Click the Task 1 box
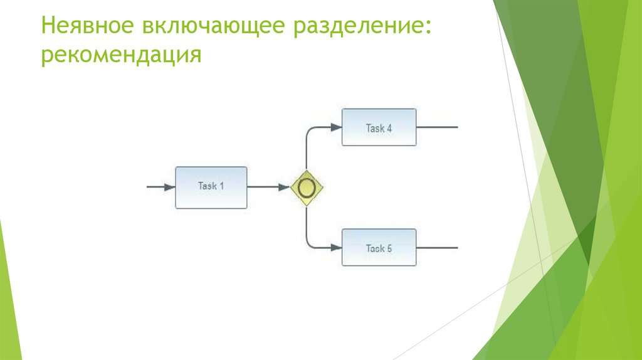[x=211, y=187]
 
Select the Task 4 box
[x=379, y=127]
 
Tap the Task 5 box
[x=379, y=248]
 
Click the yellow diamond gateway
[x=307, y=187]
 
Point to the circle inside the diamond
[x=307, y=187]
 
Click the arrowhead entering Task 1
[x=169, y=187]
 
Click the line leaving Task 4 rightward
[x=437, y=127]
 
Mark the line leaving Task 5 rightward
[x=437, y=248]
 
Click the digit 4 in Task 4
[x=389, y=128]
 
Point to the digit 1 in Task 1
[x=222, y=186]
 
